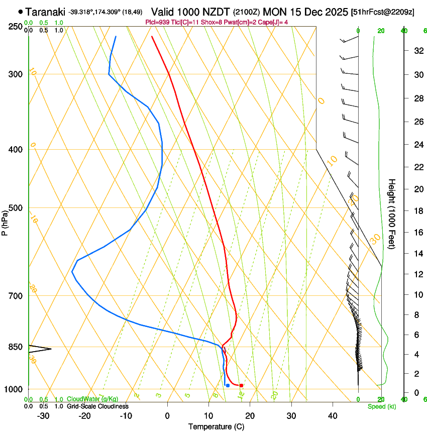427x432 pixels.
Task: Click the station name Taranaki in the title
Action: click(45, 12)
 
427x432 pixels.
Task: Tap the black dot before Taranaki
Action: click(20, 12)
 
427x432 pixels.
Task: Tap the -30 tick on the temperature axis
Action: click(43, 415)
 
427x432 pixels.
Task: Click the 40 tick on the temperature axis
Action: click(333, 415)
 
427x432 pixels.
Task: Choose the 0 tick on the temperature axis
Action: click(167, 415)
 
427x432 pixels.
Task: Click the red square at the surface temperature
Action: click(242, 385)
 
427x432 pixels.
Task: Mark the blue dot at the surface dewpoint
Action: click(228, 385)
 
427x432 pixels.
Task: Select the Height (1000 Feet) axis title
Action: click(392, 213)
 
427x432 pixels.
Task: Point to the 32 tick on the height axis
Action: click(417, 51)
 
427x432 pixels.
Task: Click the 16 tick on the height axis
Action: click(417, 233)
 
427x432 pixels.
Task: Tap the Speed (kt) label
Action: click(381, 406)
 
